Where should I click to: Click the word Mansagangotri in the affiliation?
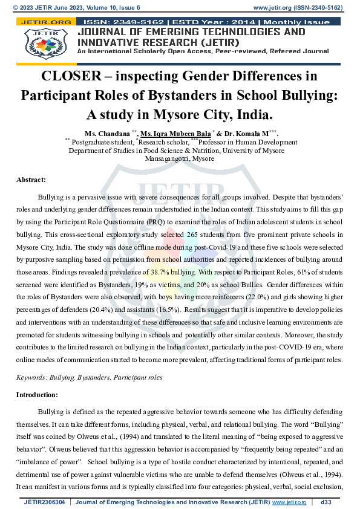tap(165, 159)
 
